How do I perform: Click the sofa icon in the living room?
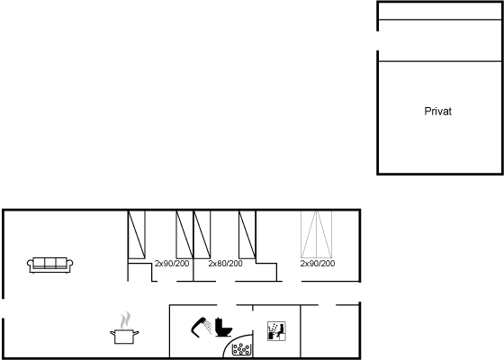point(49,265)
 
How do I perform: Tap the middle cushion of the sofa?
point(50,263)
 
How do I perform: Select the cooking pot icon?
point(124,337)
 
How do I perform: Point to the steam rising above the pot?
point(126,319)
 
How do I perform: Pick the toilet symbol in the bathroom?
point(223,328)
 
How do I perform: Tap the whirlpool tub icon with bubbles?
point(241,349)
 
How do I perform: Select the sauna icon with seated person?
point(276,331)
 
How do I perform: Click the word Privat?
point(437,112)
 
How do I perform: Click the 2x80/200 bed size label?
point(225,264)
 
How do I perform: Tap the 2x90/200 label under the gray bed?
point(318,264)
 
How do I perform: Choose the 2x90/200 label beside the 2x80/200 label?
point(172,264)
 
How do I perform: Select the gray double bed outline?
point(317,234)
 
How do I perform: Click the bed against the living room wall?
point(137,235)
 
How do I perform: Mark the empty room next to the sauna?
point(329,331)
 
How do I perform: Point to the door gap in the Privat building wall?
point(378,40)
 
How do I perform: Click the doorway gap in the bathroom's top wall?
point(227,305)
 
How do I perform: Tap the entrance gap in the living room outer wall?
point(4,309)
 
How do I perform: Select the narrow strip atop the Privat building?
point(440,11)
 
